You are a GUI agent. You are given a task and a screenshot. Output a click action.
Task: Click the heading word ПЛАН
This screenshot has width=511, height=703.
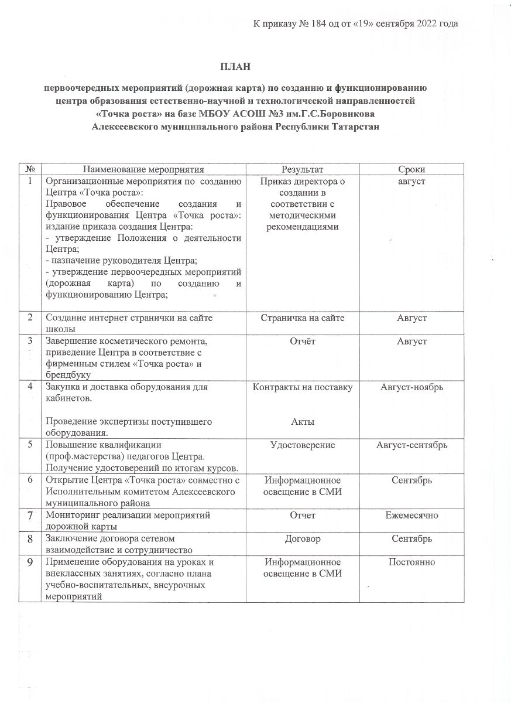[x=235, y=67]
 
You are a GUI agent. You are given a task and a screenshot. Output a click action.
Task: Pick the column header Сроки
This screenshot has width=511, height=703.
[x=411, y=169]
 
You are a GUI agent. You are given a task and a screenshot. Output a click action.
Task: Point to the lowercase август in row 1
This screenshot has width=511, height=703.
[x=411, y=182]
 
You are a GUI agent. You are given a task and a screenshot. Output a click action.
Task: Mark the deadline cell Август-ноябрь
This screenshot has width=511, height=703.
[x=411, y=387]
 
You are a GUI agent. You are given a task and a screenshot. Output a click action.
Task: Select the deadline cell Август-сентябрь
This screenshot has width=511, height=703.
[x=411, y=445]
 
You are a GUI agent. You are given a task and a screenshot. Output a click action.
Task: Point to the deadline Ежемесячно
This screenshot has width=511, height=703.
[x=411, y=515]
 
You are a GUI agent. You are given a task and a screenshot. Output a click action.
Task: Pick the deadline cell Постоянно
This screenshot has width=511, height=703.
[x=411, y=562]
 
